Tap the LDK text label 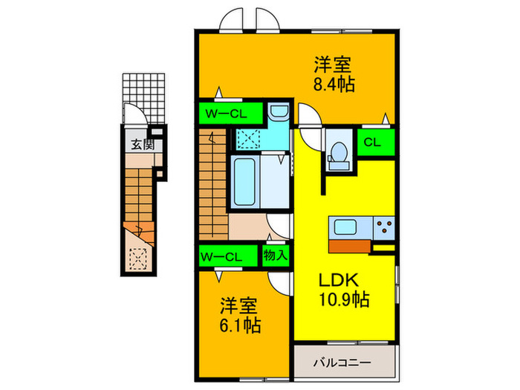click(339, 281)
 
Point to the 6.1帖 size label click(240, 325)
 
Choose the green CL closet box click(373, 143)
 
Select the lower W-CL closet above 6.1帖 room click(221, 257)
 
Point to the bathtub click(245, 183)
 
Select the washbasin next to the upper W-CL click(277, 113)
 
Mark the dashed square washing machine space click(247, 138)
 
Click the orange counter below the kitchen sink click(350, 245)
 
